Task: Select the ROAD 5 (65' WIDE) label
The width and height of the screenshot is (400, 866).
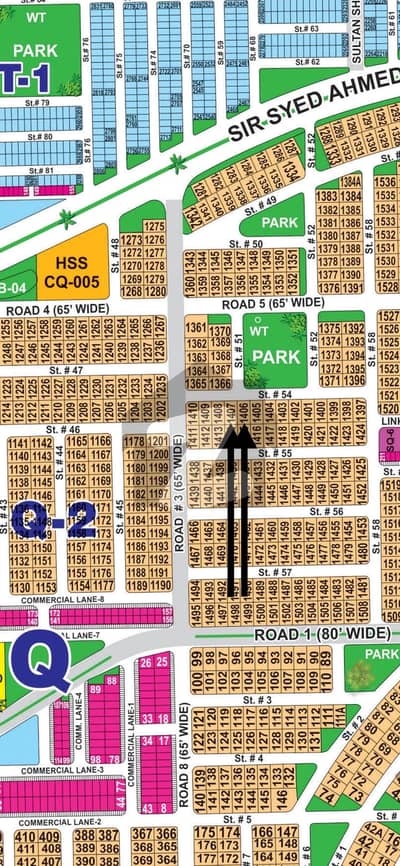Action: pyautogui.click(x=272, y=302)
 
